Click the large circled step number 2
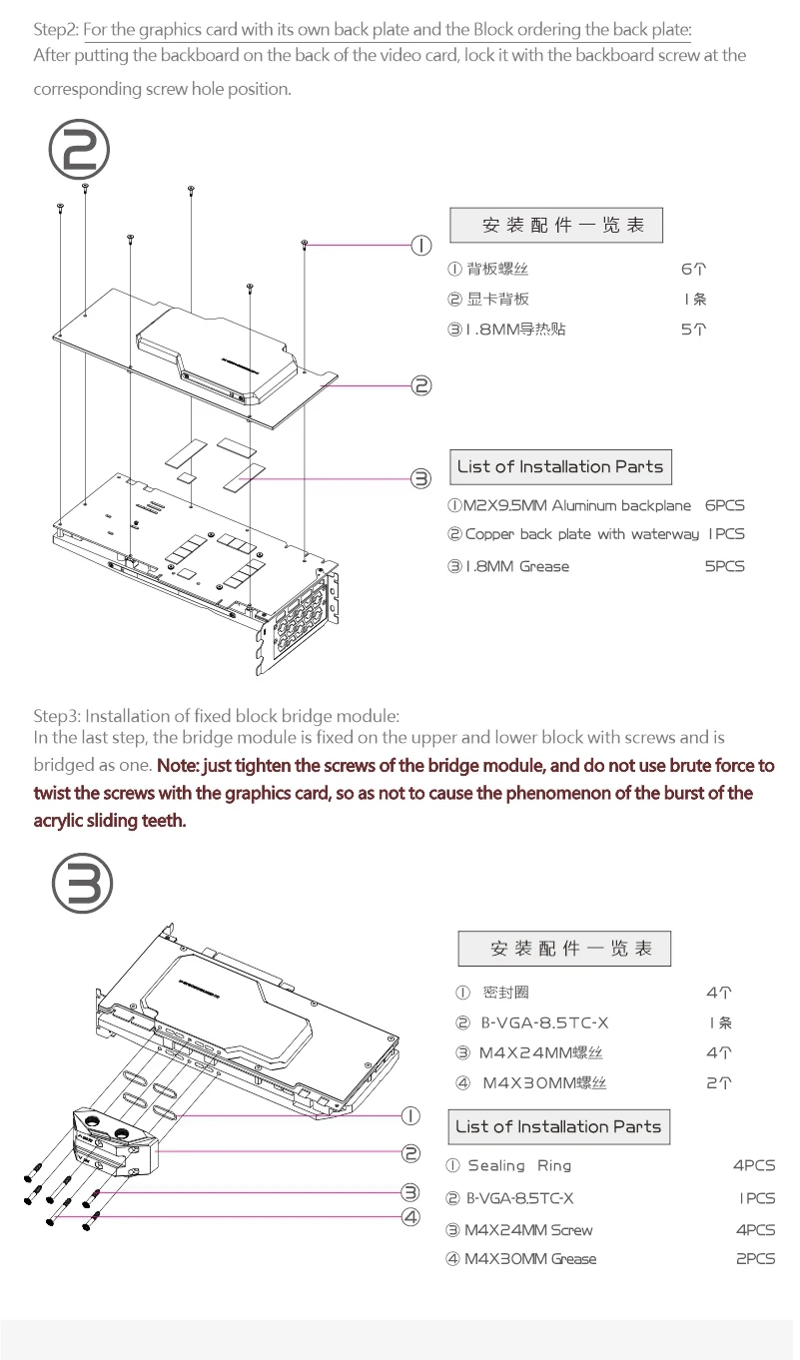(80, 151)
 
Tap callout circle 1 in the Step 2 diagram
(421, 245)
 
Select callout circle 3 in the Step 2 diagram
(421, 478)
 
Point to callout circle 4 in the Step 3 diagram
(410, 1216)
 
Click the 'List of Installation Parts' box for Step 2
(559, 467)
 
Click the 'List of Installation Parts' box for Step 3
(558, 1126)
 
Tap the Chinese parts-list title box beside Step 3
(564, 949)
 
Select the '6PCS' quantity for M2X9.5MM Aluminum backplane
(724, 506)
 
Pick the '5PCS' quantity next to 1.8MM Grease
(724, 566)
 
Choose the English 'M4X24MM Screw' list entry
(528, 1230)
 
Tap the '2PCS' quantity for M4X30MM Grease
(755, 1259)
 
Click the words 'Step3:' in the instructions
(57, 716)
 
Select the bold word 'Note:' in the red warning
(179, 766)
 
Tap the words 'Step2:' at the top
(57, 29)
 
